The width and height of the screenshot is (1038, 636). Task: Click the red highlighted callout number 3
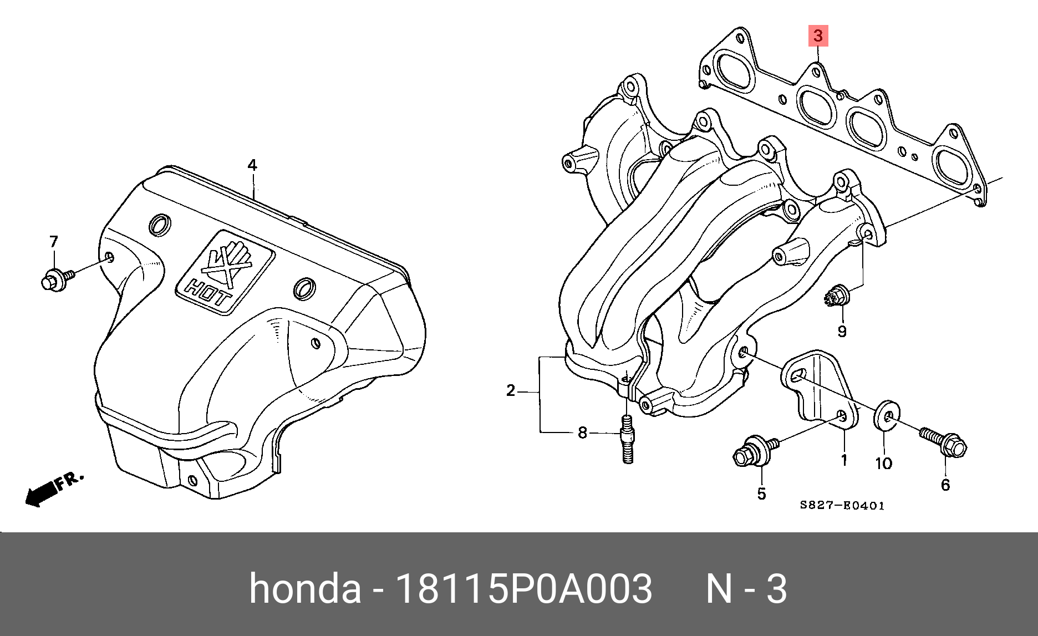[818, 37]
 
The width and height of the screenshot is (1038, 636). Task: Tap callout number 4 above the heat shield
[252, 165]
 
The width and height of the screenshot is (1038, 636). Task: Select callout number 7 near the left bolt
[54, 242]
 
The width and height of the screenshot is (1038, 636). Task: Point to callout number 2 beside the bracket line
[511, 391]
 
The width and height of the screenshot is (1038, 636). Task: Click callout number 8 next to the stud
[582, 433]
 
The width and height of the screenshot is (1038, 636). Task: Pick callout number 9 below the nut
[842, 332]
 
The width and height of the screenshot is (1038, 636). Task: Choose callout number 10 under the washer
[883, 463]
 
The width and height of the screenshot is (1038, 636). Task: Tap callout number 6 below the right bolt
[945, 485]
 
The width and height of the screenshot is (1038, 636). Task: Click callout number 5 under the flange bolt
[761, 493]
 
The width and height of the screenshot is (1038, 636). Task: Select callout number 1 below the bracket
[844, 460]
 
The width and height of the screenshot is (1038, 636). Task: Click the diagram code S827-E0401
[842, 506]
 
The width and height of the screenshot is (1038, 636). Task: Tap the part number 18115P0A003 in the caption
[523, 589]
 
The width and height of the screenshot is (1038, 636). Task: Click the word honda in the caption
[304, 589]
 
